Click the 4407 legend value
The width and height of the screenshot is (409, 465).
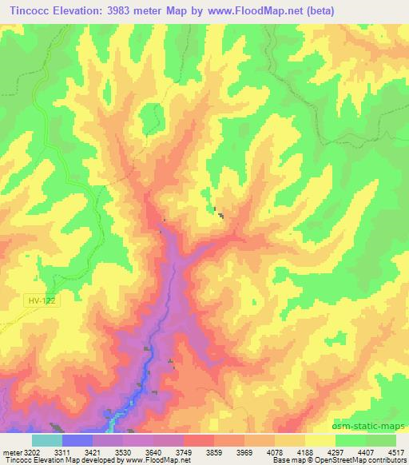point(365,451)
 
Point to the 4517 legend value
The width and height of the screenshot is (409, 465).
point(396,451)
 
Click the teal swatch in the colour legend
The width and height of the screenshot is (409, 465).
point(46,439)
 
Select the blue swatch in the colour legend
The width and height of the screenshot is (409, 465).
point(77,439)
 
